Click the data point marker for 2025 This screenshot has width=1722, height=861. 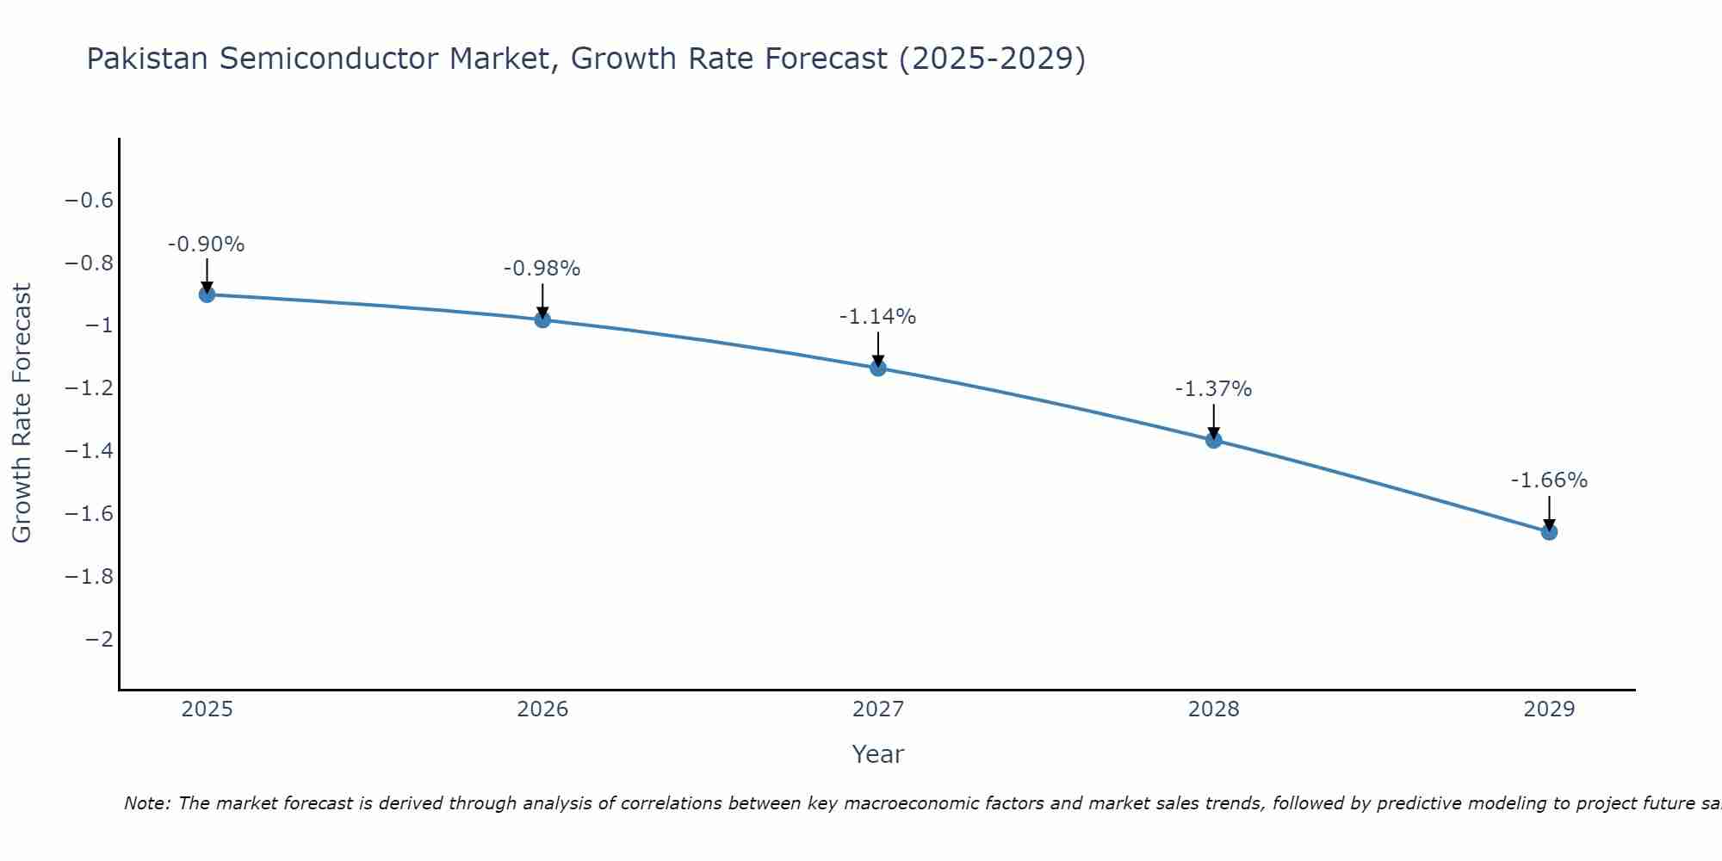pyautogui.click(x=207, y=294)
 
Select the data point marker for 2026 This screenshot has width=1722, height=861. pyautogui.click(x=542, y=319)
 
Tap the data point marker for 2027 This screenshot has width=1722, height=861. pyautogui.click(x=878, y=368)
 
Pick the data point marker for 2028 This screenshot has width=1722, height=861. pyautogui.click(x=1214, y=440)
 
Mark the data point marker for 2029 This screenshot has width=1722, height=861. pyautogui.click(x=1549, y=531)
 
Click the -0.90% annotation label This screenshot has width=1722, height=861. pyautogui.click(x=207, y=245)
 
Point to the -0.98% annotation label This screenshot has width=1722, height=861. pyautogui.click(x=542, y=269)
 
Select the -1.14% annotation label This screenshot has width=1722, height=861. pyautogui.click(x=878, y=317)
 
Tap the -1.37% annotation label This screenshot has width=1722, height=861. pyautogui.click(x=1214, y=389)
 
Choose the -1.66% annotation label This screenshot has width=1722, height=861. pyautogui.click(x=1549, y=480)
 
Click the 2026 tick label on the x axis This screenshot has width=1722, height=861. pyautogui.click(x=542, y=709)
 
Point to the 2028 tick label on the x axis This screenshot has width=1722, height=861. pyautogui.click(x=1214, y=709)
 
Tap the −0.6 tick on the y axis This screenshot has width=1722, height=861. pyautogui.click(x=90, y=201)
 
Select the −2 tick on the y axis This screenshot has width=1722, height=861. pyautogui.click(x=100, y=639)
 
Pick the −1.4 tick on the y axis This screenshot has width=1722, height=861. pyautogui.click(x=90, y=451)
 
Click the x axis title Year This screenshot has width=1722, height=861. pyautogui.click(x=878, y=754)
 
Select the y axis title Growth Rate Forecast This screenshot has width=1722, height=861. pyautogui.click(x=22, y=413)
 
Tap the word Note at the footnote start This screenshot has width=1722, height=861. pyautogui.click(x=146, y=803)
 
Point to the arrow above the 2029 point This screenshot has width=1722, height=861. pyautogui.click(x=1549, y=511)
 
